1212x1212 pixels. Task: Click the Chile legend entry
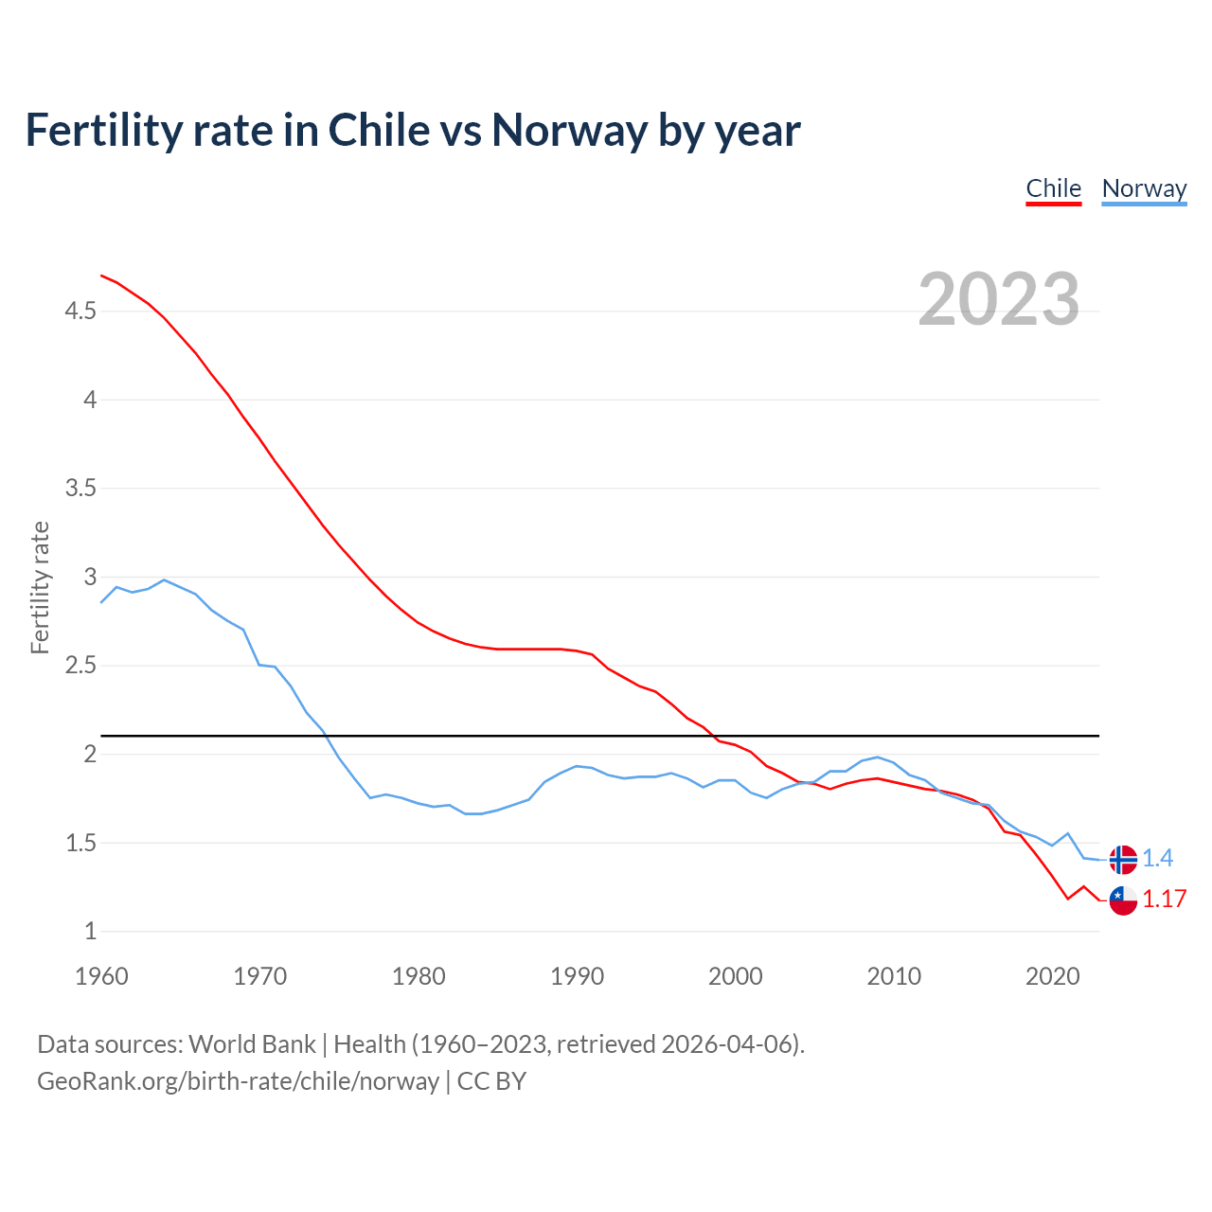[x=1053, y=188]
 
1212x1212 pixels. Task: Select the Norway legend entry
[x=1144, y=188]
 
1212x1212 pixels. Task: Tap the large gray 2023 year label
[x=999, y=299]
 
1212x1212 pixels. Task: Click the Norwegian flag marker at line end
[x=1123, y=859]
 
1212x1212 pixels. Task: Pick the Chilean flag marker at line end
[x=1123, y=900]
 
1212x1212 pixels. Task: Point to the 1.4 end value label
[x=1157, y=859]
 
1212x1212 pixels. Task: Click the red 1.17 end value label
[x=1164, y=900]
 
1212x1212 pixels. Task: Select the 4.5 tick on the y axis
[x=80, y=312]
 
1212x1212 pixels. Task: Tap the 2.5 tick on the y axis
[x=80, y=666]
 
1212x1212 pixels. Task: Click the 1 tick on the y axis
[x=90, y=932]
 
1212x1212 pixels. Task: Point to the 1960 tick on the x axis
[x=101, y=976]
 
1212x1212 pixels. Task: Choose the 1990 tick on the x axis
[x=577, y=976]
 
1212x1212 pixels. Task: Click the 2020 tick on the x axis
[x=1052, y=976]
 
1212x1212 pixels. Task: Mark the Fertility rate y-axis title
[x=40, y=587]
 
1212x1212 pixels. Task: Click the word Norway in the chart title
[x=569, y=131]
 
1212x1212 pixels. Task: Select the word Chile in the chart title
[x=379, y=131]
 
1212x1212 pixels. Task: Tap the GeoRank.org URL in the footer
[x=238, y=1081]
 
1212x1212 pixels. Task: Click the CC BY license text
[x=491, y=1081]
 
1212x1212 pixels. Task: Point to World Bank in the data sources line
[x=252, y=1044]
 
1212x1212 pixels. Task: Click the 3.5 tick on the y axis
[x=80, y=489]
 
